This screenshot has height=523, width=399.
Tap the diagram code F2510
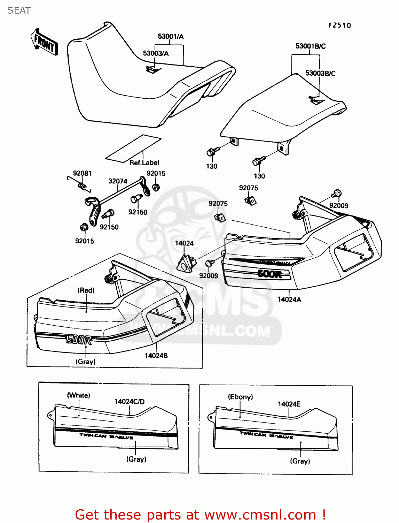tap(339, 25)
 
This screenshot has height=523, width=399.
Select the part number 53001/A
tap(171, 37)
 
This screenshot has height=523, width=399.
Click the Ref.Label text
tap(144, 163)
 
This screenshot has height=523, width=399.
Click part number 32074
tap(118, 181)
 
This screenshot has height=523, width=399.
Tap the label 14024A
tap(289, 300)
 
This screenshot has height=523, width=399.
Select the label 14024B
tap(156, 356)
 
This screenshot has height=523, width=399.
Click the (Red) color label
tap(86, 290)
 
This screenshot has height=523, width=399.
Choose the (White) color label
tap(79, 395)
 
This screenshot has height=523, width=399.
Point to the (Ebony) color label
tap(240, 397)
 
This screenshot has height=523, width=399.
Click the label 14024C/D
tap(130, 402)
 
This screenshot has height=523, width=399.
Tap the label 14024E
tap(289, 404)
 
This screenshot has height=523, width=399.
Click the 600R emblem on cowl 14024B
tap(79, 339)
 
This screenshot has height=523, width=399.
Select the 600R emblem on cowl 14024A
tap(269, 274)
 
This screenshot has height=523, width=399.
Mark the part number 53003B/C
tap(320, 73)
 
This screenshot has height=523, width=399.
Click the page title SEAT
tap(19, 10)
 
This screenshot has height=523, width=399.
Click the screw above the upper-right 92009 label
tap(337, 193)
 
